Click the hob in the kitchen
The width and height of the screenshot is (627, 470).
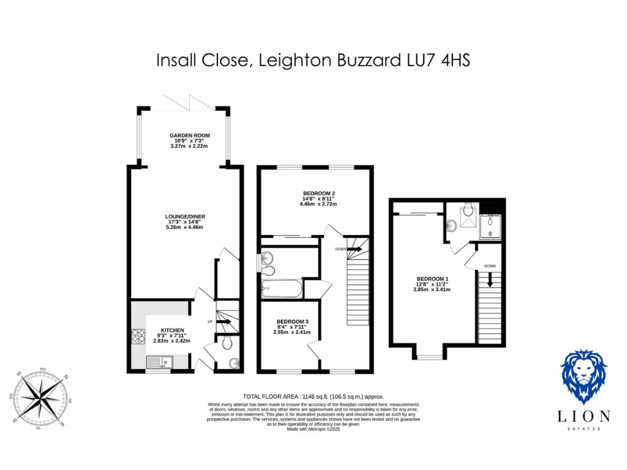136,337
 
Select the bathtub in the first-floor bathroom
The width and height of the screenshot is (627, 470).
282,288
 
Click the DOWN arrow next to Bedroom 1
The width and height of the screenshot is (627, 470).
490,280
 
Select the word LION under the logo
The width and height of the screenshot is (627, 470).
584,417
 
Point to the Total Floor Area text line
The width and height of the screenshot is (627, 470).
313,397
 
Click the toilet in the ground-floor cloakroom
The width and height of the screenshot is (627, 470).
226,344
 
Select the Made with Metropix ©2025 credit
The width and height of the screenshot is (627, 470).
313,430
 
